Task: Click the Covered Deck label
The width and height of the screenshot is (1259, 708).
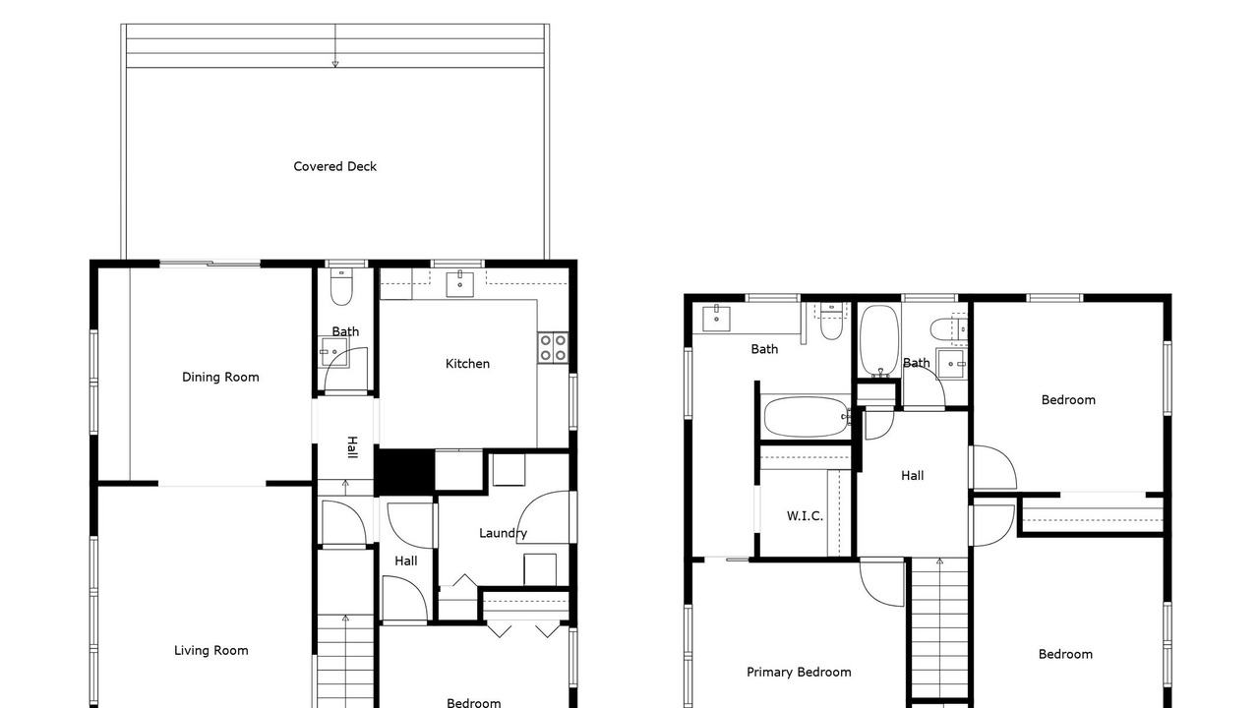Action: coord(335,166)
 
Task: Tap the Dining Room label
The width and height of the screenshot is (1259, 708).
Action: coord(220,377)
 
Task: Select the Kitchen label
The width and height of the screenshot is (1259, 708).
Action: coord(467,364)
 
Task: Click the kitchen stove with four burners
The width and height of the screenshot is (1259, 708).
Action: coord(553,347)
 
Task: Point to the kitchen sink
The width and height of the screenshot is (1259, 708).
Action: coord(459,284)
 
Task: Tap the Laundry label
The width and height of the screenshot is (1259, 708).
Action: coord(503,533)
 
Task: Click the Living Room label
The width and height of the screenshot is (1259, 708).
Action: coord(210,650)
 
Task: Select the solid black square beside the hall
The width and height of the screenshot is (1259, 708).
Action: coord(404,471)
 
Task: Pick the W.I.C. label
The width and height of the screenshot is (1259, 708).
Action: coord(805,516)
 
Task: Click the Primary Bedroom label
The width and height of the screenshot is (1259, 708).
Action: coord(799,672)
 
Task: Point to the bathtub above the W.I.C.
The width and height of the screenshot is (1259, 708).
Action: coord(807,417)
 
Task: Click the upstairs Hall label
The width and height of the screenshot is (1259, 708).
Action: coord(912,475)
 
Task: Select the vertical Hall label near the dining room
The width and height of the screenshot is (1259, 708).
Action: coord(352,447)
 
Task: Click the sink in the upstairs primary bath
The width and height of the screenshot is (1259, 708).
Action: coord(717,318)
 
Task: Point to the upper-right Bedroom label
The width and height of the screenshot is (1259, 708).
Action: coord(1068,400)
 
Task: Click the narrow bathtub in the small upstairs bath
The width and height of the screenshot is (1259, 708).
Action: coord(879,340)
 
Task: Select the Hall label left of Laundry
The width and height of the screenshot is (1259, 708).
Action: coord(406,560)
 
